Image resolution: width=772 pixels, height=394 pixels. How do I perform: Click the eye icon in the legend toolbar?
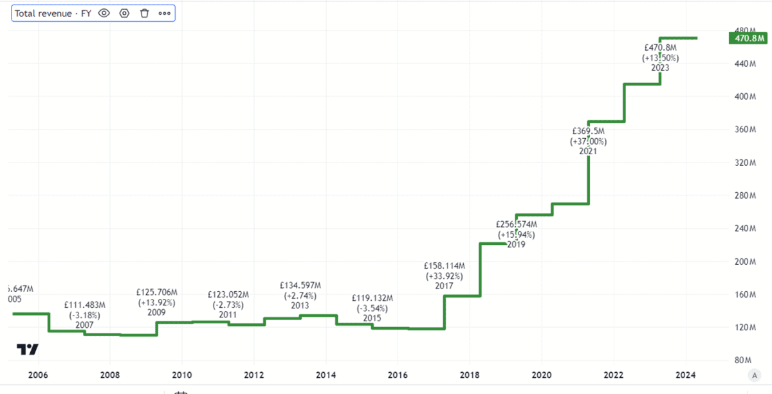pyautogui.click(x=105, y=13)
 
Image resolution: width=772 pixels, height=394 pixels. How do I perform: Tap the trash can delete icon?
pyautogui.click(x=144, y=13)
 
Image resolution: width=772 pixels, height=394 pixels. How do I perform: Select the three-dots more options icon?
pyautogui.click(x=164, y=13)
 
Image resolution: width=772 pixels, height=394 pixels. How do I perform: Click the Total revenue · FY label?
pyautogui.click(x=53, y=13)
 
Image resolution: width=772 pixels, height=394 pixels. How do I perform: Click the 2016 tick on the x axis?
pyautogui.click(x=398, y=375)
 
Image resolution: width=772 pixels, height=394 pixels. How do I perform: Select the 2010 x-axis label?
pyautogui.click(x=182, y=375)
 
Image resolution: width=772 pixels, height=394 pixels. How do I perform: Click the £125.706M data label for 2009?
pyautogui.click(x=156, y=294)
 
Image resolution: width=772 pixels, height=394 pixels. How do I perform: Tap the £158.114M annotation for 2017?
pyautogui.click(x=445, y=265)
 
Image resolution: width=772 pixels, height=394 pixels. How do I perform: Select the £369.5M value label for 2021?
pyautogui.click(x=588, y=131)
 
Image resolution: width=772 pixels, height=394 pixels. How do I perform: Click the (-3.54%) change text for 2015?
pyautogui.click(x=372, y=309)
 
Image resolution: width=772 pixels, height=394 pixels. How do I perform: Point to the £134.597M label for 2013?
pyautogui.click(x=300, y=285)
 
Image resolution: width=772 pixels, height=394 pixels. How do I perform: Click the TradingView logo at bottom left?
pyautogui.click(x=27, y=350)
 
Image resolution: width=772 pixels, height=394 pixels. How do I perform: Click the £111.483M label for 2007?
pyautogui.click(x=84, y=305)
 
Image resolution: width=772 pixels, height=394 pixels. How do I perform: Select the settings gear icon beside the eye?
pyautogui.click(x=125, y=13)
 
